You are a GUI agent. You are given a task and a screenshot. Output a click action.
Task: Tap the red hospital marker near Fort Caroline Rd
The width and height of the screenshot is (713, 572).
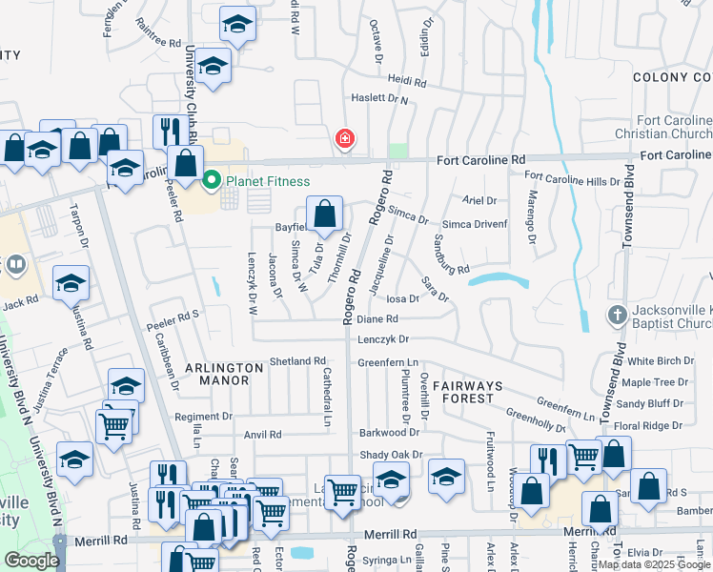tap(345, 139)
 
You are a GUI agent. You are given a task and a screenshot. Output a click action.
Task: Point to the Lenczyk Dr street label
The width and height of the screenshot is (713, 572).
tap(383, 338)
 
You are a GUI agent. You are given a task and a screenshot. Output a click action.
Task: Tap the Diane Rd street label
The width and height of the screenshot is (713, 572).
tap(377, 319)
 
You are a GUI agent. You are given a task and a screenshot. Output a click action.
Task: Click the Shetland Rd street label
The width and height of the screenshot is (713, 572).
tap(298, 361)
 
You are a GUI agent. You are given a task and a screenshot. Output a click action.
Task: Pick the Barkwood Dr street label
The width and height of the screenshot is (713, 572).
tap(389, 433)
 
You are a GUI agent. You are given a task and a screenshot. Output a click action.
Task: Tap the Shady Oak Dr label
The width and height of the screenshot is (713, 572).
tap(390, 456)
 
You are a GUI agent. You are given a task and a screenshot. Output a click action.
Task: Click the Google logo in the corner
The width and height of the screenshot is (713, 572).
tap(31, 561)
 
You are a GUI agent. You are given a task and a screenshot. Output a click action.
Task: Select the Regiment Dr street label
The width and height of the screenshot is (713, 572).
tap(203, 417)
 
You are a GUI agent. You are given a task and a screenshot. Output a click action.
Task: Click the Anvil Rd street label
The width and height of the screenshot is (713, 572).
tap(263, 435)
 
